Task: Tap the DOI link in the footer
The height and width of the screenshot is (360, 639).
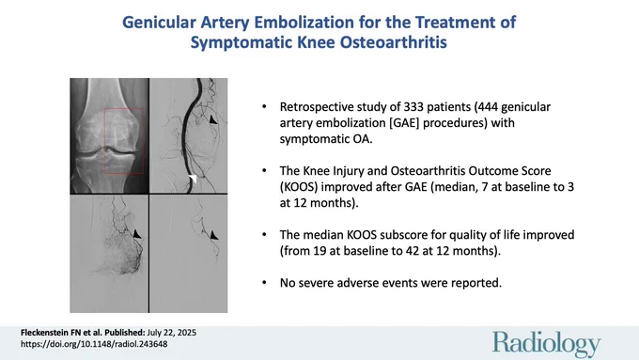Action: click(94, 344)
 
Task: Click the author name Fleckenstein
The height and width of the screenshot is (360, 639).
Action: click(46, 333)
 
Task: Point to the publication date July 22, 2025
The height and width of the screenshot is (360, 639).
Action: click(172, 333)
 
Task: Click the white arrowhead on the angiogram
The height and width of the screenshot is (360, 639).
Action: click(193, 179)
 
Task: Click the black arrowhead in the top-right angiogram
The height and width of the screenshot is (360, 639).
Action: click(212, 119)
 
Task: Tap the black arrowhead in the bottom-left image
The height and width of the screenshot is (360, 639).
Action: click(137, 234)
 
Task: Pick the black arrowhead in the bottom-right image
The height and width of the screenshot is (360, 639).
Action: click(213, 235)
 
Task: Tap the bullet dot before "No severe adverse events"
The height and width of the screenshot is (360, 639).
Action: click(264, 283)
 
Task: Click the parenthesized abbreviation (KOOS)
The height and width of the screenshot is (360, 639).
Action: click(300, 187)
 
